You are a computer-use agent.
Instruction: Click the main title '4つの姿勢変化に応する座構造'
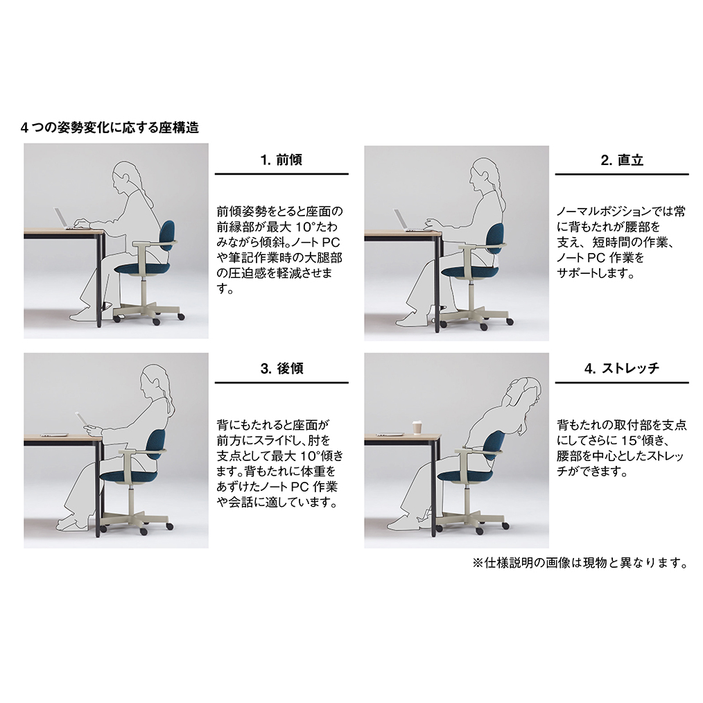[x=110, y=128]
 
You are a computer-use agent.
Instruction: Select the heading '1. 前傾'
[x=281, y=159]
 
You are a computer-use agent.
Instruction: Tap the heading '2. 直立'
[x=622, y=160]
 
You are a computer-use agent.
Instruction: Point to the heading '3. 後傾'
[x=281, y=369]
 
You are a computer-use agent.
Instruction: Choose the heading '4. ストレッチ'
[x=622, y=369]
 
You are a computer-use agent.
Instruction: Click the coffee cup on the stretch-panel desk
[x=417, y=427]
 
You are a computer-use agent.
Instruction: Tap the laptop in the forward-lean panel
[x=65, y=219]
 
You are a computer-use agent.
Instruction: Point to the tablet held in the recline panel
[x=81, y=418]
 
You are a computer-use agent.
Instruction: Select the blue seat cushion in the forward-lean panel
[x=143, y=268]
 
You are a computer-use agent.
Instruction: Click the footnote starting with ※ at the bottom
[x=580, y=563]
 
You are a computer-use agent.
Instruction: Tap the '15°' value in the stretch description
[x=639, y=440]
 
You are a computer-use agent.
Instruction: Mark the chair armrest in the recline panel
[x=143, y=452]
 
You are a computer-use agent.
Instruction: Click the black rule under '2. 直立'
[x=622, y=174]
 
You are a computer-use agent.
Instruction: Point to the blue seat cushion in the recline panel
[x=128, y=476]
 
